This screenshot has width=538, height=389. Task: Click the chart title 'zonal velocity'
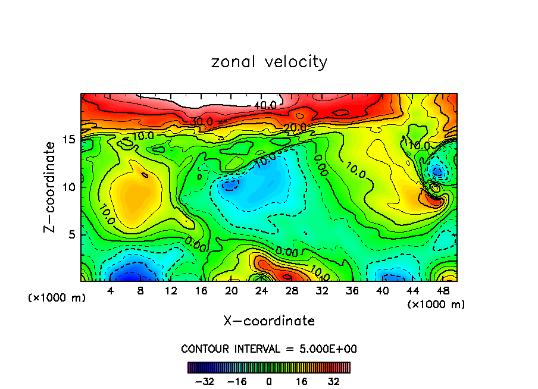click(269, 62)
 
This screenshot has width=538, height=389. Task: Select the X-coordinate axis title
click(269, 321)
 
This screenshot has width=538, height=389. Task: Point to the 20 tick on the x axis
click(232, 291)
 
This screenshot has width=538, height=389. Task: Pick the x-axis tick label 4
click(110, 291)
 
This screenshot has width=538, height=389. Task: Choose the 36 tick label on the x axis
click(353, 291)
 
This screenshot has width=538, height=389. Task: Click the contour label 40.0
click(265, 105)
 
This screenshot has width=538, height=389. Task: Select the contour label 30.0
click(202, 121)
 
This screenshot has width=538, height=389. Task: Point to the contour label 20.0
click(295, 127)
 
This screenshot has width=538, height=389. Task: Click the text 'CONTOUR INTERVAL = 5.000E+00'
click(269, 349)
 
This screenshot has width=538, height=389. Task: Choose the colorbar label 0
click(269, 381)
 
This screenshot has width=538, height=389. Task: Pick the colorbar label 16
click(301, 381)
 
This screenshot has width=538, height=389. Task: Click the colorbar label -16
click(237, 381)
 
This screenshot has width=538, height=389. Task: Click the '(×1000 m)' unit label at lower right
click(436, 305)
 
